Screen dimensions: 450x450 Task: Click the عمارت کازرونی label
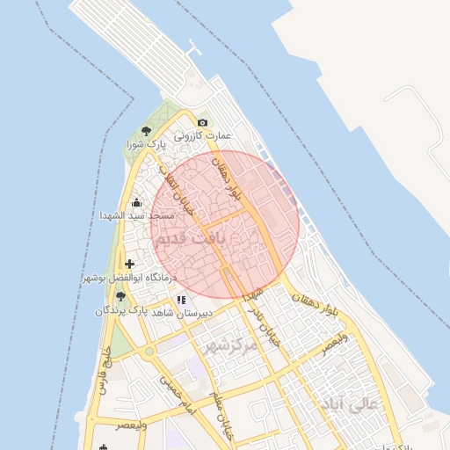(x=201, y=136)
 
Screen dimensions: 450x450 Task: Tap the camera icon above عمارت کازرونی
(x=202, y=122)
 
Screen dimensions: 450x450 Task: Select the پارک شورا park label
(x=145, y=143)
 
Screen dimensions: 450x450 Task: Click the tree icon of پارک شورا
(x=145, y=130)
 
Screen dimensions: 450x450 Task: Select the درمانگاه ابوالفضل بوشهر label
(x=129, y=277)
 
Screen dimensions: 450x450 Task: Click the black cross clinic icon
(x=130, y=264)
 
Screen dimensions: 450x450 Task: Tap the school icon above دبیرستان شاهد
(x=181, y=300)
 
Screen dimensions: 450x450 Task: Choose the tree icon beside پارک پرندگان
(x=120, y=296)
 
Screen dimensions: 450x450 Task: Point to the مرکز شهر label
(x=230, y=345)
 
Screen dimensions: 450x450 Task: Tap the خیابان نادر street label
(x=265, y=317)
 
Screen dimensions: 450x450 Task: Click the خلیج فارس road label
(x=103, y=371)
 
